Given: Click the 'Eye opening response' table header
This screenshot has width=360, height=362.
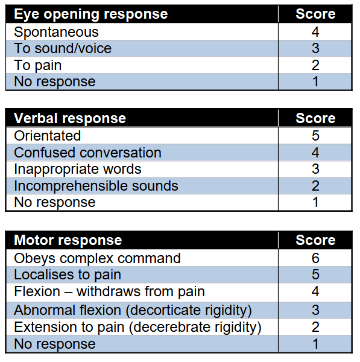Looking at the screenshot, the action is point(90,14).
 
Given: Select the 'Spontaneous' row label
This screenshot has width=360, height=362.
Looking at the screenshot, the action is point(56,32).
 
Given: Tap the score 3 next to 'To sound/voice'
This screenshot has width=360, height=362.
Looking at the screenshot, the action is point(315,48).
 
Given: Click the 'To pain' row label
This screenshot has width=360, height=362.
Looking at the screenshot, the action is point(38,65).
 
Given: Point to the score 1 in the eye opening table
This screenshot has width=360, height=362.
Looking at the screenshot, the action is point(315,81).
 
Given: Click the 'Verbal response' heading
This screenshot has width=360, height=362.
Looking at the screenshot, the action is point(70,118).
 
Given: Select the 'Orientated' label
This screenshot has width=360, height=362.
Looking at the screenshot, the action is point(47,136).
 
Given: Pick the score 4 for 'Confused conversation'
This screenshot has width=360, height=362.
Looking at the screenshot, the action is point(315,153).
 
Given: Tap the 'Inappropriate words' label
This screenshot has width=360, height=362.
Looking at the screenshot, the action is point(78,170).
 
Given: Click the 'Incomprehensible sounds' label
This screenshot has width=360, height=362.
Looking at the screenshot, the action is point(96,186).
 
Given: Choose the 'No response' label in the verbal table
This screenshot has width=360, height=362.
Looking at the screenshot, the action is point(55,203).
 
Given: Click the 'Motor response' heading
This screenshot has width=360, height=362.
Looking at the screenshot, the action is point(68,240).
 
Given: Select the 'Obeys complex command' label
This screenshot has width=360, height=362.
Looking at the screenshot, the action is point(97,258).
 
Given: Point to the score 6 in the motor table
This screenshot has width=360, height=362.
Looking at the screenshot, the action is point(315,258).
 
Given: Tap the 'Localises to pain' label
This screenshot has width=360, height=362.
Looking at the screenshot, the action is point(68,275).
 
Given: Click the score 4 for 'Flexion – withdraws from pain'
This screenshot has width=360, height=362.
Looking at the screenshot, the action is point(315,291).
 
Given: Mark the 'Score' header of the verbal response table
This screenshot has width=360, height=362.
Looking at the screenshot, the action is point(315,118).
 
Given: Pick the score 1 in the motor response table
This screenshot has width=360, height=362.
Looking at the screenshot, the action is point(315,344).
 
